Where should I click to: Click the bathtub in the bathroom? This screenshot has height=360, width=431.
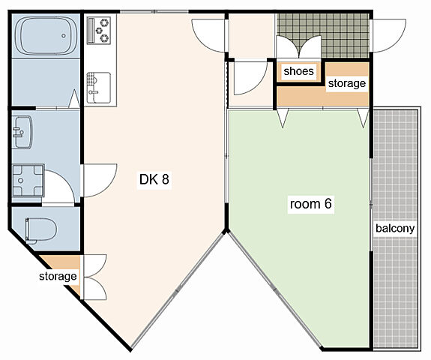[x=46, y=35]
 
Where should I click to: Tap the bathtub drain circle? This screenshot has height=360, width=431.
[x=64, y=36]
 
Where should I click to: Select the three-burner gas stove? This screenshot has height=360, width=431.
[x=99, y=30]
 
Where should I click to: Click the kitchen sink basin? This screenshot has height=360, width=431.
[x=99, y=88]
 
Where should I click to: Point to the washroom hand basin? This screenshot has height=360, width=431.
[x=22, y=132]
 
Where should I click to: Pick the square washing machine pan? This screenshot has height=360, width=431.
[x=28, y=181]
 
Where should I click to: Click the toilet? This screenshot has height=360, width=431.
[x=40, y=230]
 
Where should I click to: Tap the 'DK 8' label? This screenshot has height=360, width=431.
[x=154, y=179]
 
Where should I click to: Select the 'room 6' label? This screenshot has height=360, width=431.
[x=310, y=204]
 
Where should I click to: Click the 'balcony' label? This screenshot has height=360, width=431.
[x=395, y=228]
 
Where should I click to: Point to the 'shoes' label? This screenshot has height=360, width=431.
[x=298, y=71]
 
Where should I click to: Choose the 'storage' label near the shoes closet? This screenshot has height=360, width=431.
[x=347, y=83]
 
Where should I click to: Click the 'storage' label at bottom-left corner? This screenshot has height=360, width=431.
[x=58, y=276]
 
